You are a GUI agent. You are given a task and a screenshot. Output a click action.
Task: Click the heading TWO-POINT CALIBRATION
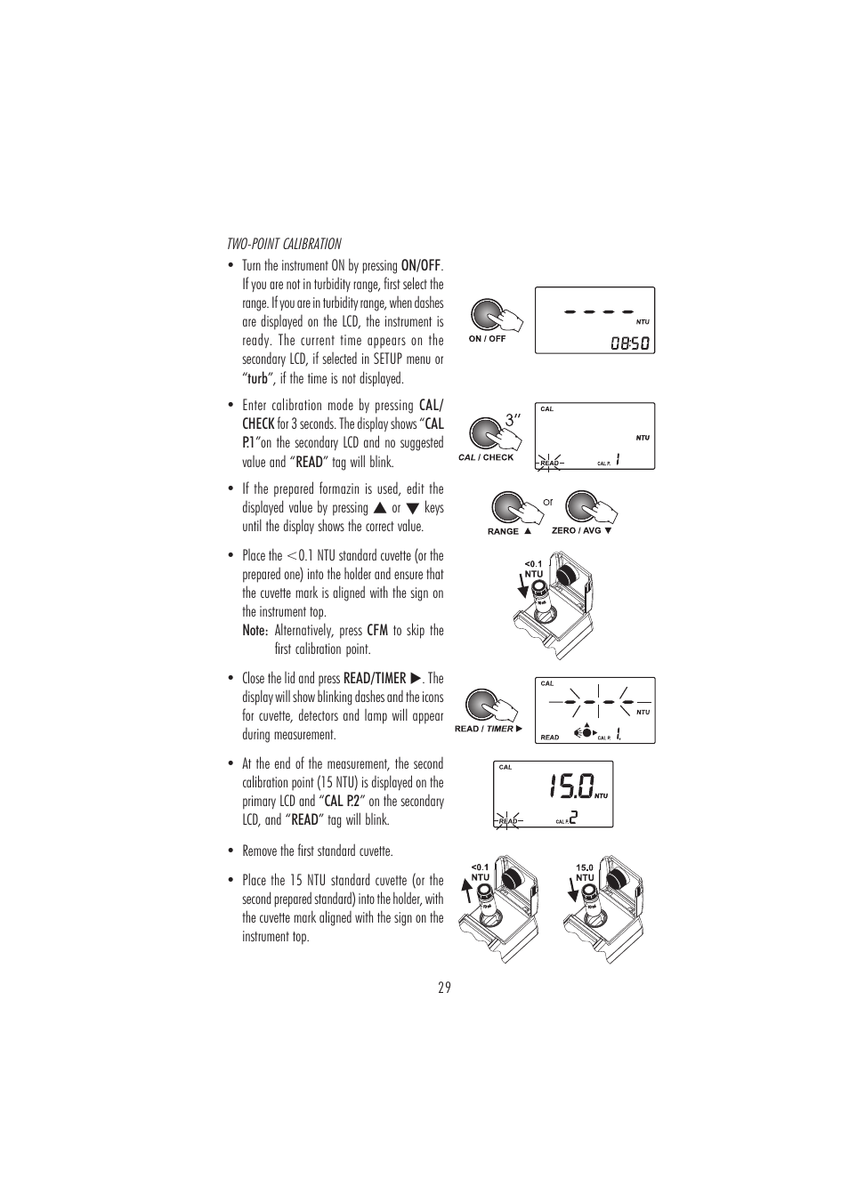pyautogui.click(x=284, y=244)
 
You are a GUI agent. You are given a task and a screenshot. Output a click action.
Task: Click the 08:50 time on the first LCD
pyautogui.click(x=629, y=343)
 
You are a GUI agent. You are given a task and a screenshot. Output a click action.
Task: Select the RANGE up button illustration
pyautogui.click(x=507, y=507)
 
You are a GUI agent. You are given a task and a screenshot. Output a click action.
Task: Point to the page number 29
pyautogui.click(x=444, y=988)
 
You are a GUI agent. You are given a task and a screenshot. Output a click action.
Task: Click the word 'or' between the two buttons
pyautogui.click(x=548, y=503)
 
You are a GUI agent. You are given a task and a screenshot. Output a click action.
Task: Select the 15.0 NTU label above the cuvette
pyautogui.click(x=584, y=872)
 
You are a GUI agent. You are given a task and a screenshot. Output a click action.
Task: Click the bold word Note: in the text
pyautogui.click(x=255, y=631)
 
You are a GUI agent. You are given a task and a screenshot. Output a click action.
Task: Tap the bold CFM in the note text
pyautogui.click(x=377, y=631)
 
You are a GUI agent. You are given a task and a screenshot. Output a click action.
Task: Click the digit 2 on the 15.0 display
pyautogui.click(x=573, y=817)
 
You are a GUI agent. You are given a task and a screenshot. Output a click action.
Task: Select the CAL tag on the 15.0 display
pyautogui.click(x=505, y=767)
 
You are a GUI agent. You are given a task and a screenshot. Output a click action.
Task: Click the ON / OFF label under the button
pyautogui.click(x=487, y=339)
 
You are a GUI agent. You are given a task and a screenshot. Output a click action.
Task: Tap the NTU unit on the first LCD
pyautogui.click(x=643, y=321)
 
